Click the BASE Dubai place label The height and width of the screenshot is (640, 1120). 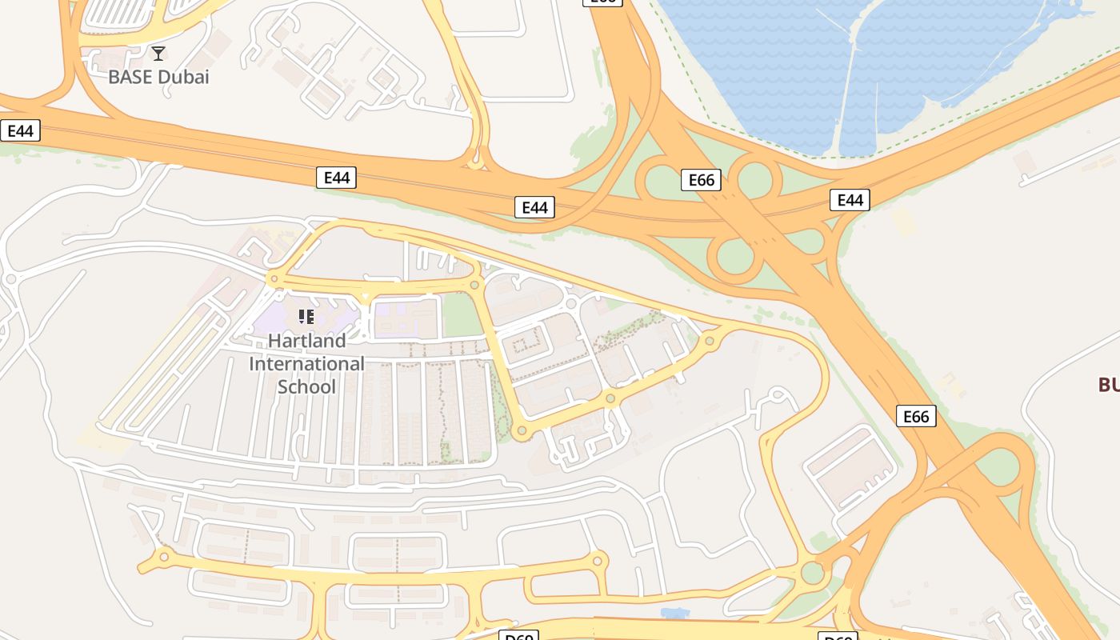pos(158,78)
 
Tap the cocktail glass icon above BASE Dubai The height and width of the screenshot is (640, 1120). pos(158,54)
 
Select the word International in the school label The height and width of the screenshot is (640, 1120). pos(306,364)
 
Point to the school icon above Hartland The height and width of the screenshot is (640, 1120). pos(306,317)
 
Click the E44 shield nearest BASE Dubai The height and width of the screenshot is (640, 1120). pos(20,130)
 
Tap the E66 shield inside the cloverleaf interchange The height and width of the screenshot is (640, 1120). pos(702,180)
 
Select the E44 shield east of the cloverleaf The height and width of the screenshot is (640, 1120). pos(850,199)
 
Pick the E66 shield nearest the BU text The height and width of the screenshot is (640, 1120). pos(916,416)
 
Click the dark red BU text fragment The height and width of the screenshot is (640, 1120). pos(1109,385)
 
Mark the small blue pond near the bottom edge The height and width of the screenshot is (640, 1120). pos(675,613)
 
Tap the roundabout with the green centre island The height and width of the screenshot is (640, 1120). pos(812,573)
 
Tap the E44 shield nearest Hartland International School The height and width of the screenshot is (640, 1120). pos(336,178)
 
